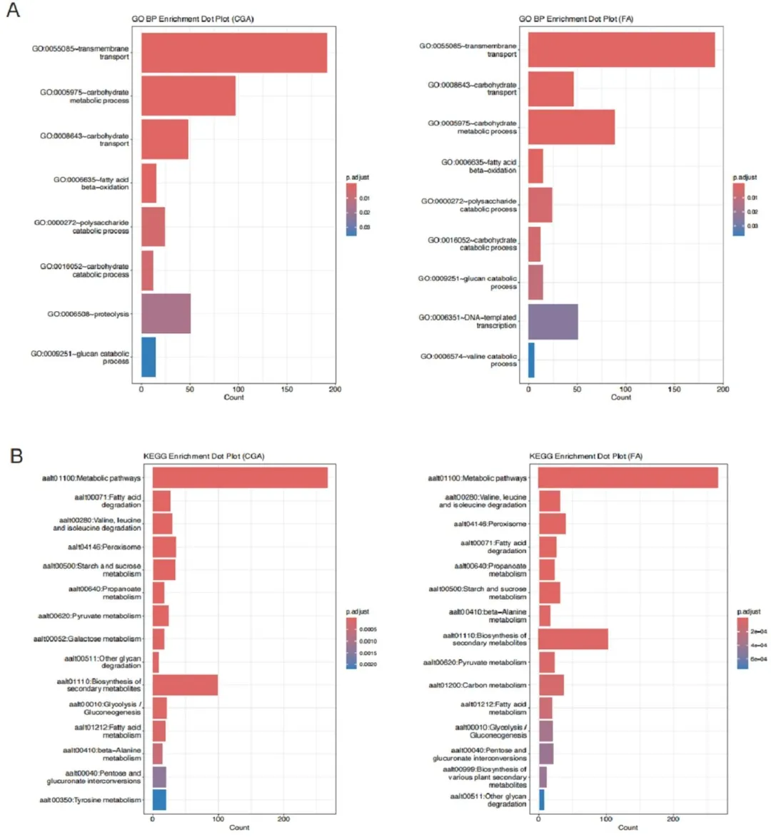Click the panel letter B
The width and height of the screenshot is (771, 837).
tap(16, 455)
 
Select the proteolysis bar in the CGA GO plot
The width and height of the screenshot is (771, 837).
tap(166, 313)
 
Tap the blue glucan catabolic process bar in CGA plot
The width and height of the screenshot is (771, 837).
tap(148, 357)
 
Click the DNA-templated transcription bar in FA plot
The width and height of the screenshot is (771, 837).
tap(553, 321)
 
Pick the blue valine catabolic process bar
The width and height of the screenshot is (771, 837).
tap(531, 360)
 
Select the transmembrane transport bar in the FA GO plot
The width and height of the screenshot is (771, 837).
tap(621, 50)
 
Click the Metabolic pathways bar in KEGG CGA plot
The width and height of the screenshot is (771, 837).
tap(240, 478)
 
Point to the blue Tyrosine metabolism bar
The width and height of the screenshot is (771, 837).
tap(159, 800)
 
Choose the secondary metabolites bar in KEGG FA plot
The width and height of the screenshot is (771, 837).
tap(573, 639)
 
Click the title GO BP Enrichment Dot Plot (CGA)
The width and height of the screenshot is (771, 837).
tap(193, 19)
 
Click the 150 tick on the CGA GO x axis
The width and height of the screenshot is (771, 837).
tap(287, 390)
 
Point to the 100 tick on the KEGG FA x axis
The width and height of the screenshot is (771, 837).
tap(606, 819)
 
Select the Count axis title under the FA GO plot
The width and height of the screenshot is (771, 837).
tap(620, 397)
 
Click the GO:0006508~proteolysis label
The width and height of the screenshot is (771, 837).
tap(89, 314)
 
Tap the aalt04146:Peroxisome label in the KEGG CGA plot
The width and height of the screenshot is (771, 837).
tap(104, 547)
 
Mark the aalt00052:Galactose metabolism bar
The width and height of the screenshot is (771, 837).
tap(158, 639)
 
